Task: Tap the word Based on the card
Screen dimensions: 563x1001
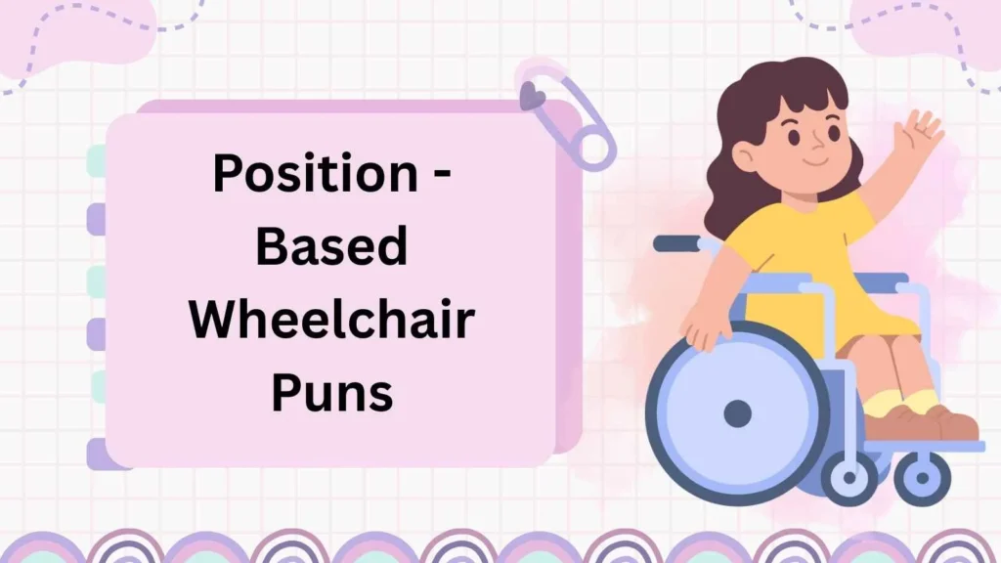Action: [x=330, y=247]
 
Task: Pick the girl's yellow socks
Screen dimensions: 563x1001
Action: [x=904, y=402]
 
